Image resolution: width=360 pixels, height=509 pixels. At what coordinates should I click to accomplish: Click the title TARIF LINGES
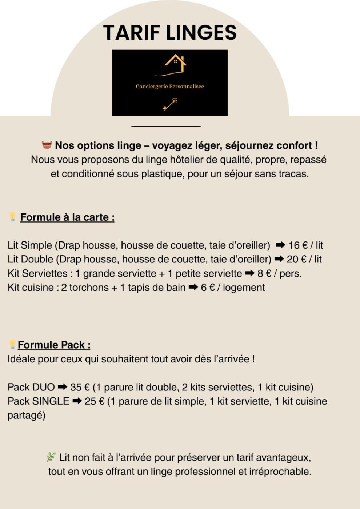170,33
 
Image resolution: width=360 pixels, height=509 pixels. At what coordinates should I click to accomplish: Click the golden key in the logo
170,104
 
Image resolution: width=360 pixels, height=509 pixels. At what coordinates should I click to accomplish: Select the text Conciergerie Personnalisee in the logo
170,87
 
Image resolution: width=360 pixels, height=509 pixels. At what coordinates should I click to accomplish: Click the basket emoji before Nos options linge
47,145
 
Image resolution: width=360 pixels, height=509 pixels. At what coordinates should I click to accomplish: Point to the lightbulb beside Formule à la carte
13,217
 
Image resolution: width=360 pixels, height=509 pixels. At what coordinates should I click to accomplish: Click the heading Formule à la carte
67,217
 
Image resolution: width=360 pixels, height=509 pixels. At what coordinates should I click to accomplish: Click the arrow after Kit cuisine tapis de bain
193,288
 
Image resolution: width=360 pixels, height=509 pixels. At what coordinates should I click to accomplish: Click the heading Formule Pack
54,345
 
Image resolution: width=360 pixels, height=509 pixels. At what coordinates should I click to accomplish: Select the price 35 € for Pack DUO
80,387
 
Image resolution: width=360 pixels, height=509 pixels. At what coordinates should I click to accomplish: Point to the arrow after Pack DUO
63,387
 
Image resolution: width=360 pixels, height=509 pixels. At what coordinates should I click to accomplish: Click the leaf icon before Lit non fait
51,457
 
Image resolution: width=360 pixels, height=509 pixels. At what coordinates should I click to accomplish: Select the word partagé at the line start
26,416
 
